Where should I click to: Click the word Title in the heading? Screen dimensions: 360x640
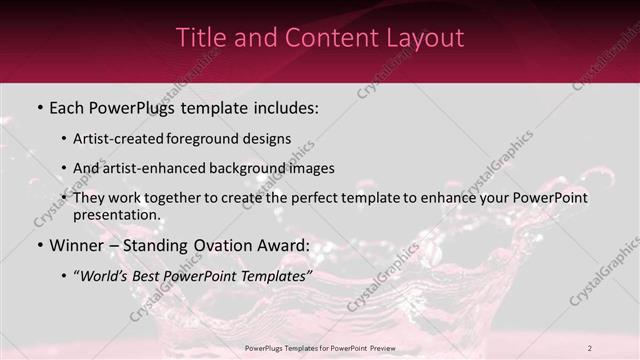click(x=199, y=38)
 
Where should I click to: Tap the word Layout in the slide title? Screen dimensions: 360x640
click(x=427, y=38)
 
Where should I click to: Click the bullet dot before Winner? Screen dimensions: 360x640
click(x=40, y=245)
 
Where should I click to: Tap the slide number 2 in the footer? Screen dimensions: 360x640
click(x=590, y=347)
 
